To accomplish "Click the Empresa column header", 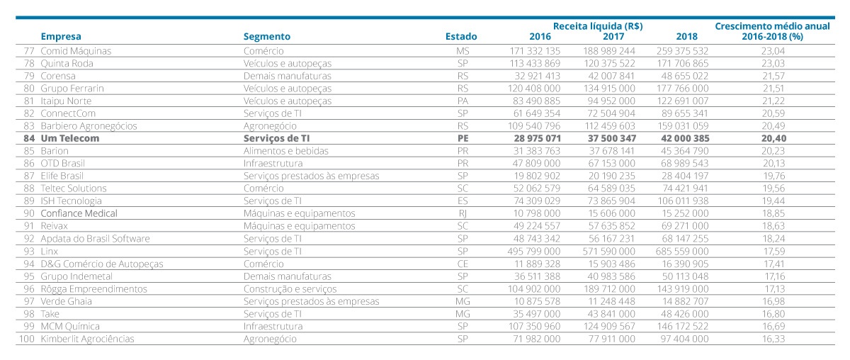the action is [61, 36].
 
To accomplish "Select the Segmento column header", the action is [267, 36].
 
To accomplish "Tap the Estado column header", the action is [461, 36].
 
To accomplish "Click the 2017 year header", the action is [613, 36].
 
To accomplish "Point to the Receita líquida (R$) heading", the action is [598, 26].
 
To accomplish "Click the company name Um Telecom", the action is [70, 138].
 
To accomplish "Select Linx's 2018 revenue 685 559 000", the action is [682, 252].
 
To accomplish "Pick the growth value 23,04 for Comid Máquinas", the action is [773, 51].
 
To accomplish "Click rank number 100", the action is [27, 339].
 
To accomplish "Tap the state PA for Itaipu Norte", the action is [463, 101].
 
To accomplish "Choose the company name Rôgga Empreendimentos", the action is [93, 289].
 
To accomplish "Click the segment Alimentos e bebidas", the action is [285, 151].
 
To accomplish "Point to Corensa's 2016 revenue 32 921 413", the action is [538, 76].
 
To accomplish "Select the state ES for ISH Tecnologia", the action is [463, 201].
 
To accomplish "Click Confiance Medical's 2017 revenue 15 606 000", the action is [612, 213].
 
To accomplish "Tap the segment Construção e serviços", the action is [290, 289].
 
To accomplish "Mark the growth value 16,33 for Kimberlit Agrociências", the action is [773, 339].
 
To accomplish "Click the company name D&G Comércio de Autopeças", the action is [102, 264].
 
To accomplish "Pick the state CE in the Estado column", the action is [463, 264].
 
